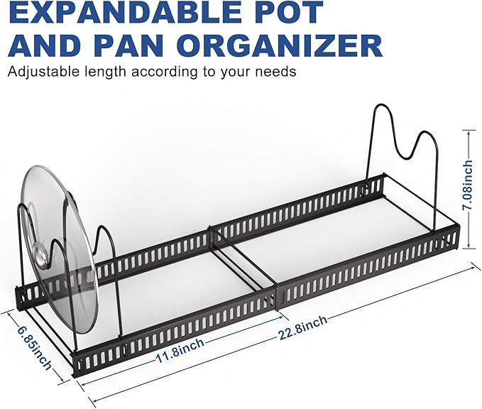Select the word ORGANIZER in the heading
point(279,46)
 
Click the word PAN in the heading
point(126,46)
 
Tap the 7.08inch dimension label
point(469,185)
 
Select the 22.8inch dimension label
point(303,327)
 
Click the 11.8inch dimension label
point(180,350)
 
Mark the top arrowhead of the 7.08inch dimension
point(469,131)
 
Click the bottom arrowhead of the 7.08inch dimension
point(469,246)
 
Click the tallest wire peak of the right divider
point(380,105)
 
